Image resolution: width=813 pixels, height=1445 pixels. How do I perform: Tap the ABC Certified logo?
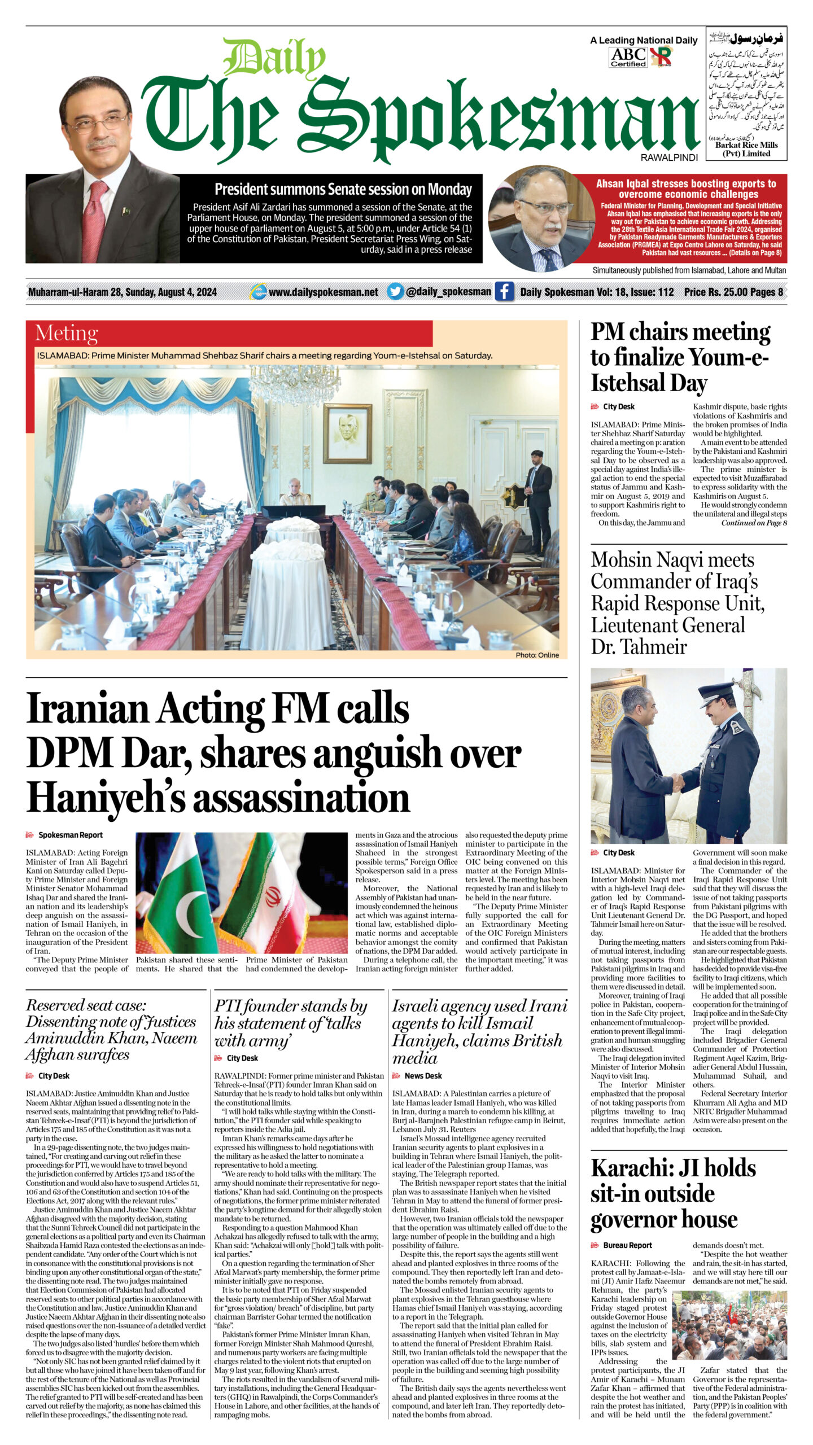point(628,57)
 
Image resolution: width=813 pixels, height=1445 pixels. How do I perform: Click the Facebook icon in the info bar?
point(504,292)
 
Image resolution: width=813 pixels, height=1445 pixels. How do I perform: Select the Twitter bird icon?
point(396,292)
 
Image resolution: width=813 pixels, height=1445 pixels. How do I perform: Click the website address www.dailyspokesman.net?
point(323,292)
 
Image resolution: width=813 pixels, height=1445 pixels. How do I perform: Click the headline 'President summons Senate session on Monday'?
point(343,189)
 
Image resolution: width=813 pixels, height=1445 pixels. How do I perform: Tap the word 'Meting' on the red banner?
point(66,334)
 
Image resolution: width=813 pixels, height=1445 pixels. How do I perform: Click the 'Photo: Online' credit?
point(537,655)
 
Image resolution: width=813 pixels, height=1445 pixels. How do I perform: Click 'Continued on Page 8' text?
point(754,523)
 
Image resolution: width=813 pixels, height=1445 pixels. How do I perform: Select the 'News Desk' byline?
point(423,1076)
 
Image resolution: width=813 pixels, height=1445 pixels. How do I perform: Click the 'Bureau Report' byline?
point(627,1245)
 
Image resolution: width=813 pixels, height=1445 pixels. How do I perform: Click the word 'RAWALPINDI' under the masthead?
point(669,157)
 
